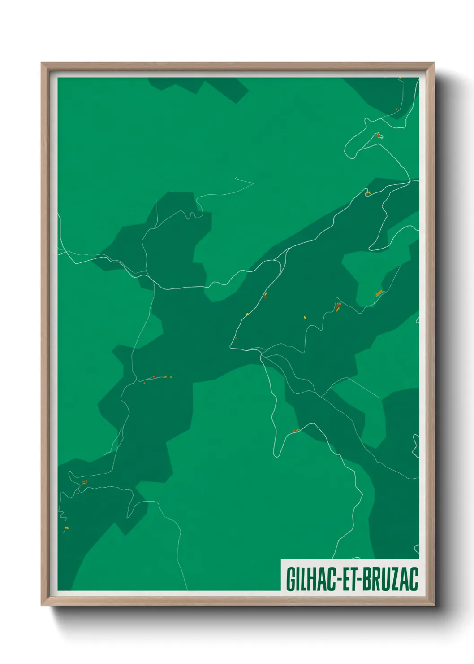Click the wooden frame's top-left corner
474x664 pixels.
[x=42, y=64]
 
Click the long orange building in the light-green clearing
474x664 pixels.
[x=379, y=293]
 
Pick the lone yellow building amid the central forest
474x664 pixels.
[x=305, y=317]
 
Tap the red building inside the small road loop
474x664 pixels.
[x=377, y=135]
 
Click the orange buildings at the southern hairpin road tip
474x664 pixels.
[x=295, y=431]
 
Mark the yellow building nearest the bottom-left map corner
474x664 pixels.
[x=67, y=528]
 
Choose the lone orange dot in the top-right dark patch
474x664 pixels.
[x=396, y=109]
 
